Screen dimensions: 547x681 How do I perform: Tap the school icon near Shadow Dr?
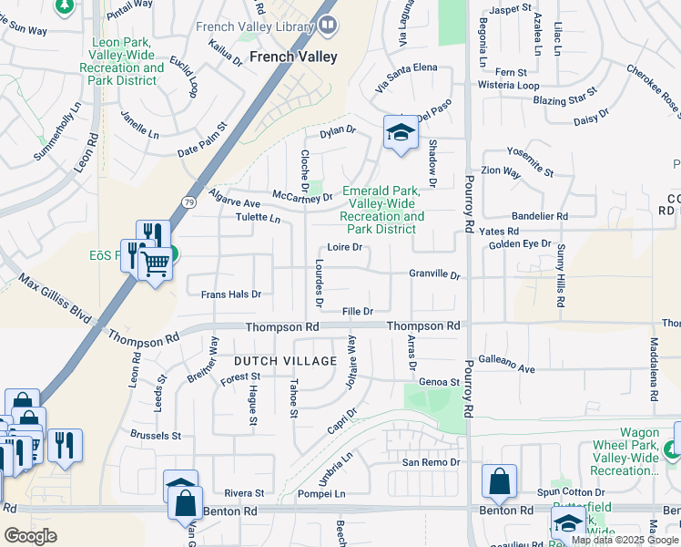(x=400, y=133)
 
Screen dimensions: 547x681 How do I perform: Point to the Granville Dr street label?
(x=435, y=274)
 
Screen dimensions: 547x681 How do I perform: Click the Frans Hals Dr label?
(x=231, y=294)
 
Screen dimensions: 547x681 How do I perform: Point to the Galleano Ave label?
(x=506, y=365)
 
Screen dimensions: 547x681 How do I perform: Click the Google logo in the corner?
(x=30, y=535)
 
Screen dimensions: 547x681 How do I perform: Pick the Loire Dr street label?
(x=345, y=247)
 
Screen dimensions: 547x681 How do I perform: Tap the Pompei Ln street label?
(x=321, y=493)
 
